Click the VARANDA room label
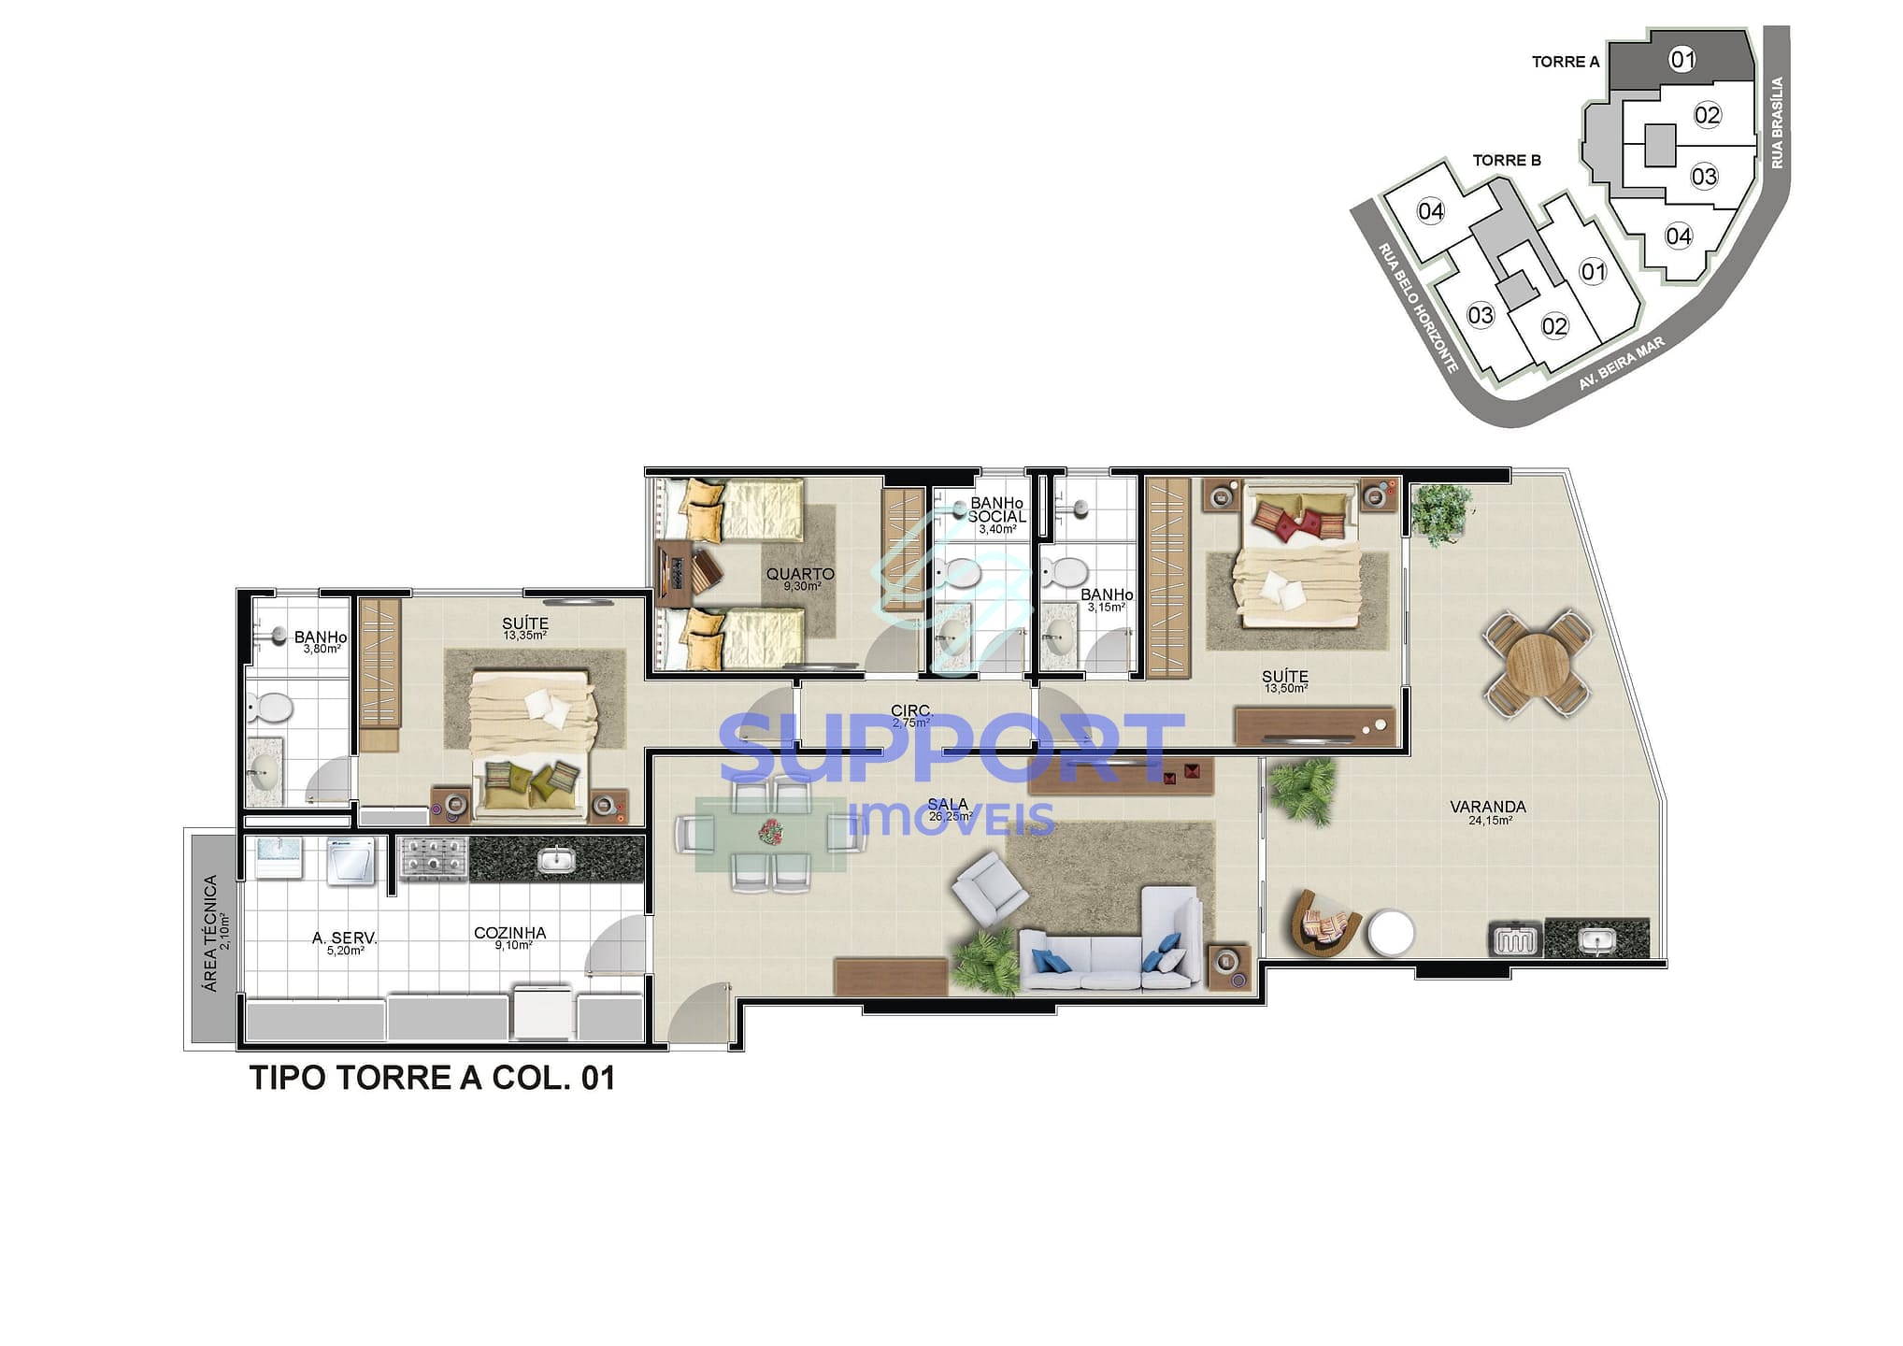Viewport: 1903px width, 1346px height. (1488, 807)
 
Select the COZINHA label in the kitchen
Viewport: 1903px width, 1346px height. (509, 933)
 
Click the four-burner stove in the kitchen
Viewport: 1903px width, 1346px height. (434, 857)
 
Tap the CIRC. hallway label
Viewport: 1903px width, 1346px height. (911, 710)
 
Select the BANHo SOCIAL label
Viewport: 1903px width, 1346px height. (996, 510)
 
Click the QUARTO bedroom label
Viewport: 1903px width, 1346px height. (800, 574)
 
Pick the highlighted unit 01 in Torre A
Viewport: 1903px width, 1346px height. (1682, 60)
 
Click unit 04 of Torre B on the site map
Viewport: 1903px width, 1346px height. (1431, 211)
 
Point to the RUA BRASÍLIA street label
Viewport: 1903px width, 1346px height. (1777, 122)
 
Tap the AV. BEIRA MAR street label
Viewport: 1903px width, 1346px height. (1623, 365)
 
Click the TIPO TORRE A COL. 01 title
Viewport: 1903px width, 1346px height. (432, 1078)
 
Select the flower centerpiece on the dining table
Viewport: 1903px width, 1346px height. (771, 832)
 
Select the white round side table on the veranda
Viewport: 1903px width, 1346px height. (1391, 933)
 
